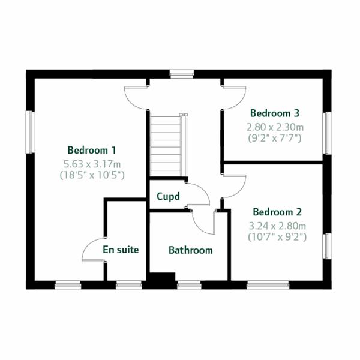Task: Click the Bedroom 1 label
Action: tap(92, 150)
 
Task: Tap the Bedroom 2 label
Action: tap(277, 212)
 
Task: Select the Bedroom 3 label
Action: tap(275, 113)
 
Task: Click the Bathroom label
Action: tap(190, 250)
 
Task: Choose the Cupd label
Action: tap(168, 197)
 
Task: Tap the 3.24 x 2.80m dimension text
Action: tap(277, 226)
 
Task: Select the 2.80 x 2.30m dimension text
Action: tap(275, 127)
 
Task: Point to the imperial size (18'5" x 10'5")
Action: tap(92, 175)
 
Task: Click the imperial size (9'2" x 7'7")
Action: tap(275, 139)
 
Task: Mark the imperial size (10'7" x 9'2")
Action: tap(277, 237)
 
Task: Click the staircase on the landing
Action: tap(166, 144)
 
